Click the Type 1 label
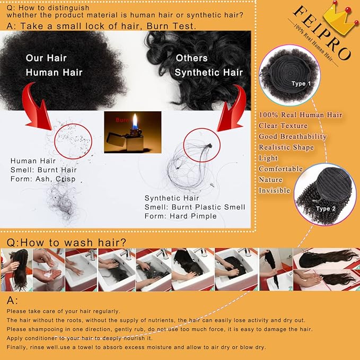pyautogui.click(x=302, y=84)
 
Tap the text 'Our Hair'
pyautogui.click(x=46, y=58)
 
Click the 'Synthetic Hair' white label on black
pyautogui.click(x=209, y=72)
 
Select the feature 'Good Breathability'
pyautogui.click(x=293, y=136)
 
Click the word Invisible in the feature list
pyautogui.click(x=275, y=190)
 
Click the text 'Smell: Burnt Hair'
pyautogui.click(x=43, y=170)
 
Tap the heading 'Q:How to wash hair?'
pyautogui.click(x=66, y=242)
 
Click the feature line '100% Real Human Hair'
pyautogui.click(x=300, y=115)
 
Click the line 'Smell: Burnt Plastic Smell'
pyautogui.click(x=195, y=207)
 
